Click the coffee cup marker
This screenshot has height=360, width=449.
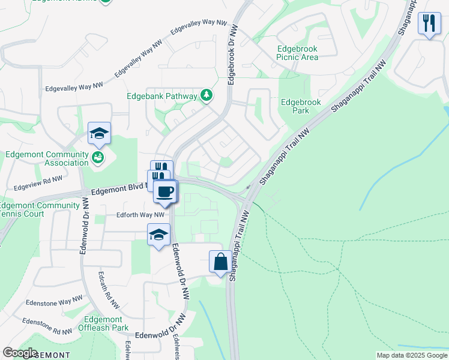coord(165,192)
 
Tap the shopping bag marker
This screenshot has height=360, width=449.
coord(220,262)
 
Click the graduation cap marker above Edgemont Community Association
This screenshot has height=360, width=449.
coord(99,133)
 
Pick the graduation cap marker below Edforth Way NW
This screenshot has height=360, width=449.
coord(158,235)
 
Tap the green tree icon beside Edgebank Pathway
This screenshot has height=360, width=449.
coord(206,95)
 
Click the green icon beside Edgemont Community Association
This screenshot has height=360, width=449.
coord(98,158)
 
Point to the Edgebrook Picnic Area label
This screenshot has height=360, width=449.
coord(297,53)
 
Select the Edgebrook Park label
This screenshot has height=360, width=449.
coord(301,106)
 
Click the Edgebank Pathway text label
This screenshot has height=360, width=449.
coord(161,96)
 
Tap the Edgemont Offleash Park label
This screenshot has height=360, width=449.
coord(103,324)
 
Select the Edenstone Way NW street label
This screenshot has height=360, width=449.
coord(53,299)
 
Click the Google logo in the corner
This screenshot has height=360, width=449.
coord(20,353)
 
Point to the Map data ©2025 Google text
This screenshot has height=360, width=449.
coord(411,355)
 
